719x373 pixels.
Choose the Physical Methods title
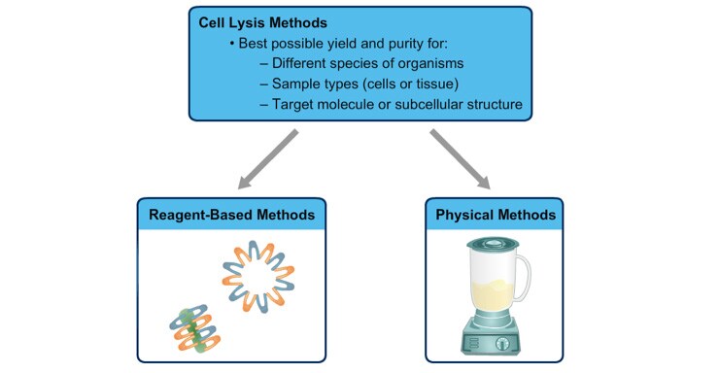pyautogui.click(x=496, y=214)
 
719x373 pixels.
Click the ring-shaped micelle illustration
pyautogui.click(x=260, y=267)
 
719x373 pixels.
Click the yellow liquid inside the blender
pyautogui.click(x=493, y=292)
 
